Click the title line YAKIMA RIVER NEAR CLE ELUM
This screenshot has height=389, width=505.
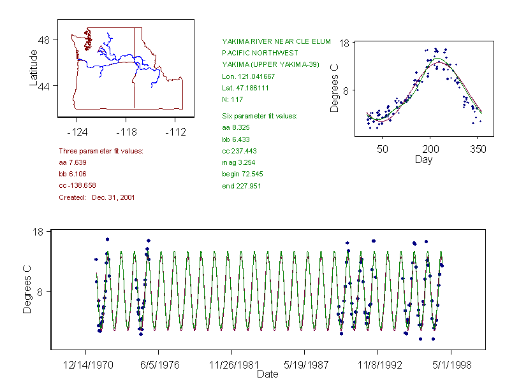pyautogui.click(x=276, y=41)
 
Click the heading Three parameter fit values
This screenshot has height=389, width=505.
pyautogui.click(x=101, y=151)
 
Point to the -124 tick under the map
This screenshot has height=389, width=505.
pyautogui.click(x=77, y=132)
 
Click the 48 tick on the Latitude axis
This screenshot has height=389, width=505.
pyautogui.click(x=44, y=39)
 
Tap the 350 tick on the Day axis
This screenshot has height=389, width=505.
pyautogui.click(x=478, y=149)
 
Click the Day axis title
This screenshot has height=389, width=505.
pyautogui.click(x=423, y=159)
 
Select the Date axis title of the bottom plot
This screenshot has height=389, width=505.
pyautogui.click(x=267, y=374)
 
